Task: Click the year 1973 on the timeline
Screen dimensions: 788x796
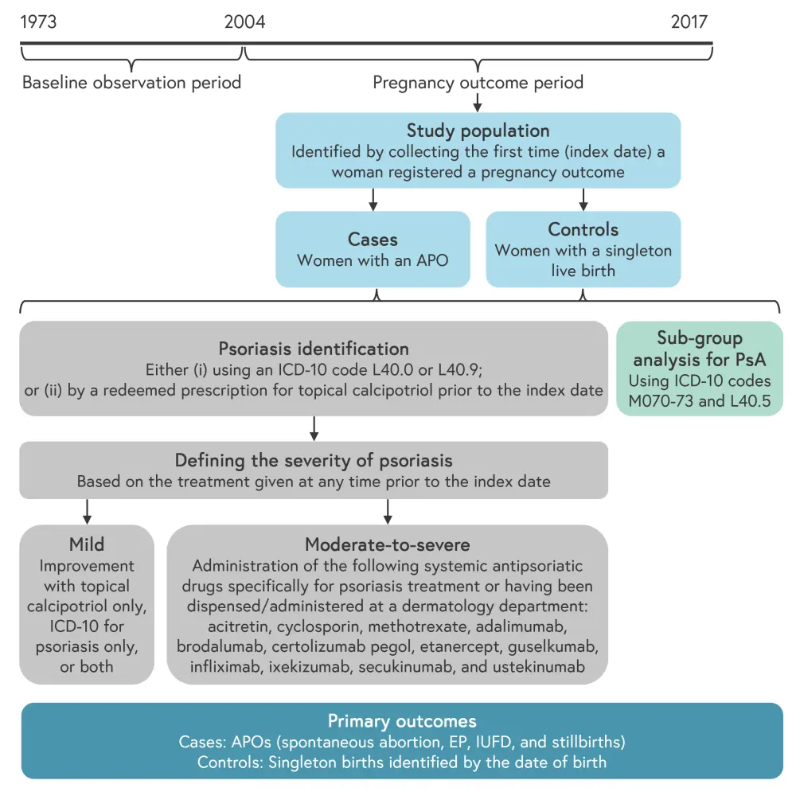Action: [x=38, y=21]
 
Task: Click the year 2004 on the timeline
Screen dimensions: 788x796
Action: [x=245, y=21]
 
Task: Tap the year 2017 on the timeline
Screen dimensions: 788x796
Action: [x=689, y=21]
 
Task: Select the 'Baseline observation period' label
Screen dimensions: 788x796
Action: [x=131, y=82]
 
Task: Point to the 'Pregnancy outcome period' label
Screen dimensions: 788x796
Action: [x=478, y=82]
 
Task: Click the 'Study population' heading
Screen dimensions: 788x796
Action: [x=478, y=131]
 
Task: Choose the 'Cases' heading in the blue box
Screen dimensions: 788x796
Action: [x=373, y=239]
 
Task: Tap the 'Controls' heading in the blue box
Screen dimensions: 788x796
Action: [x=583, y=229]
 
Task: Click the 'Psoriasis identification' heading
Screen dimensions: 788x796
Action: [x=314, y=349]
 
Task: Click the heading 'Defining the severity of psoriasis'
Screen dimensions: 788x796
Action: [x=314, y=460]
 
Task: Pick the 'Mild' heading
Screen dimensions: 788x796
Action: [x=87, y=545]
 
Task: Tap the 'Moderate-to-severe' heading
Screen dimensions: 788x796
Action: [x=388, y=545]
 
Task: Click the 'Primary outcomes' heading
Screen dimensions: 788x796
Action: [x=402, y=721]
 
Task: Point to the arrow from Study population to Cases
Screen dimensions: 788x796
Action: [x=373, y=199]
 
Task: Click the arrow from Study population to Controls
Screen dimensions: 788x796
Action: [x=583, y=199]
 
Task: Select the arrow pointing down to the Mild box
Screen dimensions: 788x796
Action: [x=88, y=511]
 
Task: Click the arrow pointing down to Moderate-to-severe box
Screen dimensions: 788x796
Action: [x=388, y=511]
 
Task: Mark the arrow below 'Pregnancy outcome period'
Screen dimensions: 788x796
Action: [x=478, y=102]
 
